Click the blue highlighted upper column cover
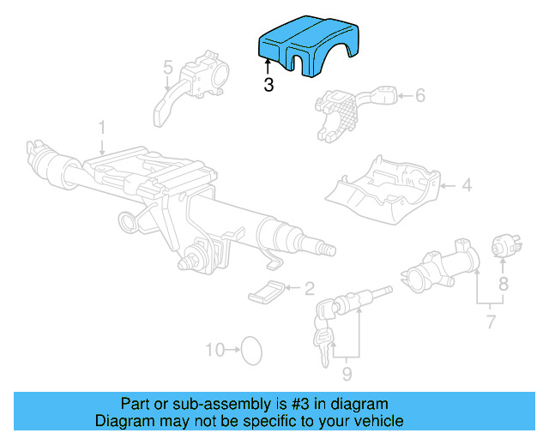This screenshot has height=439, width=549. (297, 46)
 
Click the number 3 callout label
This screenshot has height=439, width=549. (268, 86)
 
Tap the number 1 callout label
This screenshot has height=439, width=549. (101, 127)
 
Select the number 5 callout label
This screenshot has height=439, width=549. (168, 66)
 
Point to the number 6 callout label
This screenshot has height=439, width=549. (419, 96)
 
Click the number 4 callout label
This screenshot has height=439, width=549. (466, 184)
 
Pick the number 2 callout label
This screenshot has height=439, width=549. (309, 288)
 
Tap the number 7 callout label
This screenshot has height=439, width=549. (491, 322)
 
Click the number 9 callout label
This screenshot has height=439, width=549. (347, 373)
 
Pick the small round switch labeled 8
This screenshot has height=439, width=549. (502, 246)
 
